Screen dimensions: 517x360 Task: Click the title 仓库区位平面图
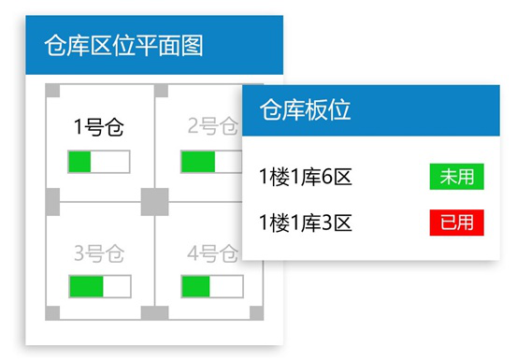pos(123,45)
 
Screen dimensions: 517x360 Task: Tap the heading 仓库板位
pos(305,109)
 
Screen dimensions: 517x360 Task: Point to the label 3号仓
pos(98,252)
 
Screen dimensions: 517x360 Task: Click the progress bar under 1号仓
pos(98,161)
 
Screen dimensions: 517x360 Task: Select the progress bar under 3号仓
pos(98,285)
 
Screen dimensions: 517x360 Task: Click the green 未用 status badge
pos(456,176)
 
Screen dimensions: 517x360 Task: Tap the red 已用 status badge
pos(456,223)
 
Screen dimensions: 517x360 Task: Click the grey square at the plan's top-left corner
pos(52,90)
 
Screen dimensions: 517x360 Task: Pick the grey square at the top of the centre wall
pos(161,90)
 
